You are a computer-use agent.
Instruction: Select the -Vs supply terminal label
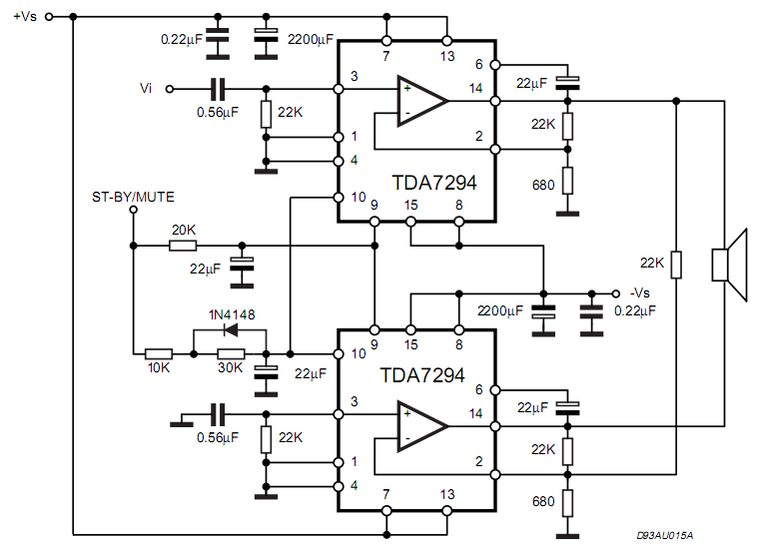click(639, 292)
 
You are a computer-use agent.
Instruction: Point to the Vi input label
click(146, 89)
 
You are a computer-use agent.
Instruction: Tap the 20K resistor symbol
click(184, 245)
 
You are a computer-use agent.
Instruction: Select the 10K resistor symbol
click(159, 353)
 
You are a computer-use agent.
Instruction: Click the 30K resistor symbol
click(231, 353)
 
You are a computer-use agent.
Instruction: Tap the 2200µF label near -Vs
click(500, 310)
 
